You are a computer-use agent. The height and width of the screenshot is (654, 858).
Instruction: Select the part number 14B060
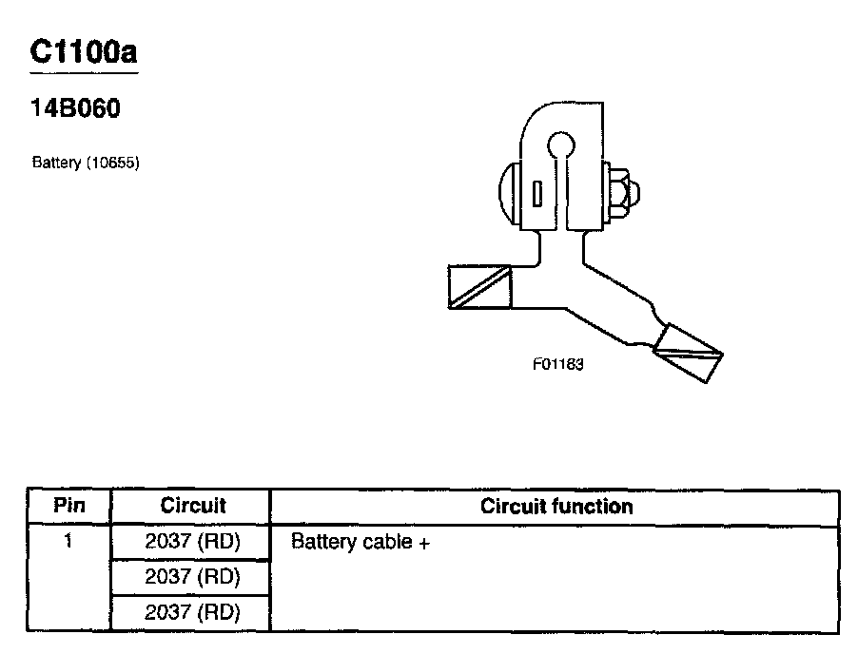coord(76,109)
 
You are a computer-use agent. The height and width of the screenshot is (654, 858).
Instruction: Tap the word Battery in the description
coord(57,163)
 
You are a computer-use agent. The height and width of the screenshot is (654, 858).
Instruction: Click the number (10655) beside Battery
coord(113,163)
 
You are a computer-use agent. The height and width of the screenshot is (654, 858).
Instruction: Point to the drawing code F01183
coord(557,364)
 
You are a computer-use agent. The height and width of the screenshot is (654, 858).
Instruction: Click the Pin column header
coord(69,506)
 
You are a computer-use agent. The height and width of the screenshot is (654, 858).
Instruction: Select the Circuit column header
coord(192,506)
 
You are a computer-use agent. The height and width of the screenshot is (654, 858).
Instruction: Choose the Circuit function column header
coord(556,506)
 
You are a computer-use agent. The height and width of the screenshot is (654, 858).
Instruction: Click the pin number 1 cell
coord(68,542)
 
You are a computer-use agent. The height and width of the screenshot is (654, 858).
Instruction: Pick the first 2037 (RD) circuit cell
coord(192,542)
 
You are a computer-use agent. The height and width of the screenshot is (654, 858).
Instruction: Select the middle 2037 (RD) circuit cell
coord(192,577)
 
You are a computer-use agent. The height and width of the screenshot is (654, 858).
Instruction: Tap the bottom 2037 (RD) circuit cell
coord(192,612)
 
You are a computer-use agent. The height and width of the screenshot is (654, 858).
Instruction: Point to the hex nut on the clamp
coord(619,193)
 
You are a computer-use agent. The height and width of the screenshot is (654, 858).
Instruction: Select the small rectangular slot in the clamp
coord(538,193)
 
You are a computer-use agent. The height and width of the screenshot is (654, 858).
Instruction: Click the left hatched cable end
coord(479,286)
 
